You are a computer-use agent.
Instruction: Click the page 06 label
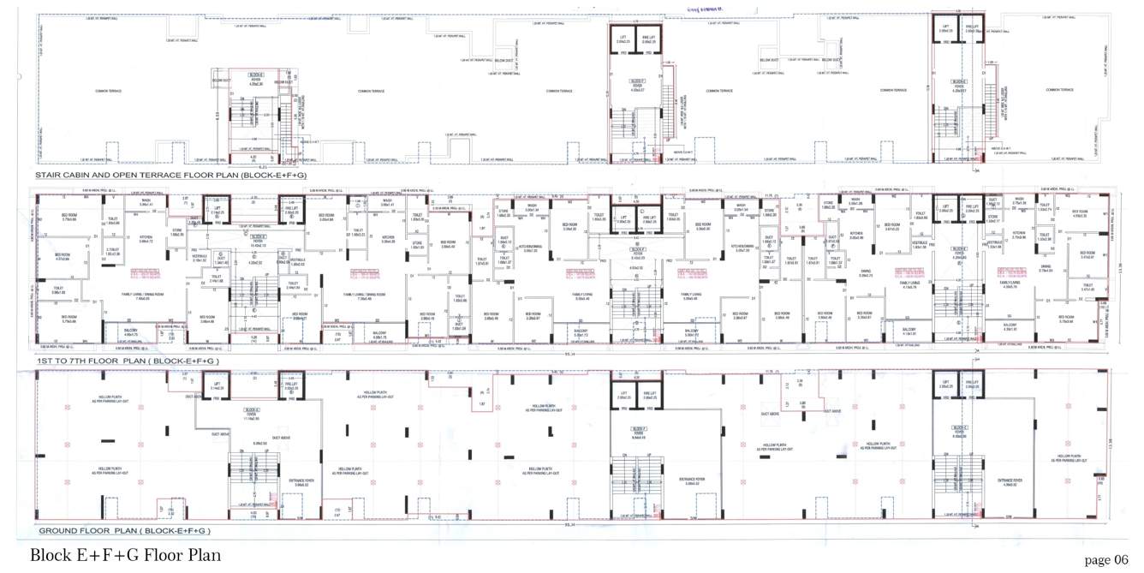click(x=1106, y=560)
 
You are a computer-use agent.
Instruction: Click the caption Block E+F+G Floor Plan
click(x=125, y=555)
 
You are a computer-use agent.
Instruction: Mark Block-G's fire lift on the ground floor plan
click(x=972, y=385)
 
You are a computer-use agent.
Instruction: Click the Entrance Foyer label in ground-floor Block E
click(x=301, y=482)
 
